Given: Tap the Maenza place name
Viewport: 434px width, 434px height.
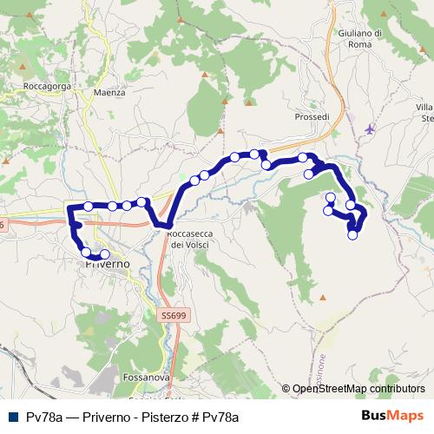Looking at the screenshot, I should (x=110, y=92).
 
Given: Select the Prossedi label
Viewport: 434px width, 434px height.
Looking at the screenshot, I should (x=312, y=116).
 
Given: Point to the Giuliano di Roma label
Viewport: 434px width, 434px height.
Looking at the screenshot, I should (x=359, y=38).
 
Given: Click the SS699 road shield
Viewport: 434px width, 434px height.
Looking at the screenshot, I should (x=174, y=318).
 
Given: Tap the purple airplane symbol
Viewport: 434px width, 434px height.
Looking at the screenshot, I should (x=372, y=129).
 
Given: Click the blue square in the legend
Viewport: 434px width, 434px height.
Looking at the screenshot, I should (x=13, y=418).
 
